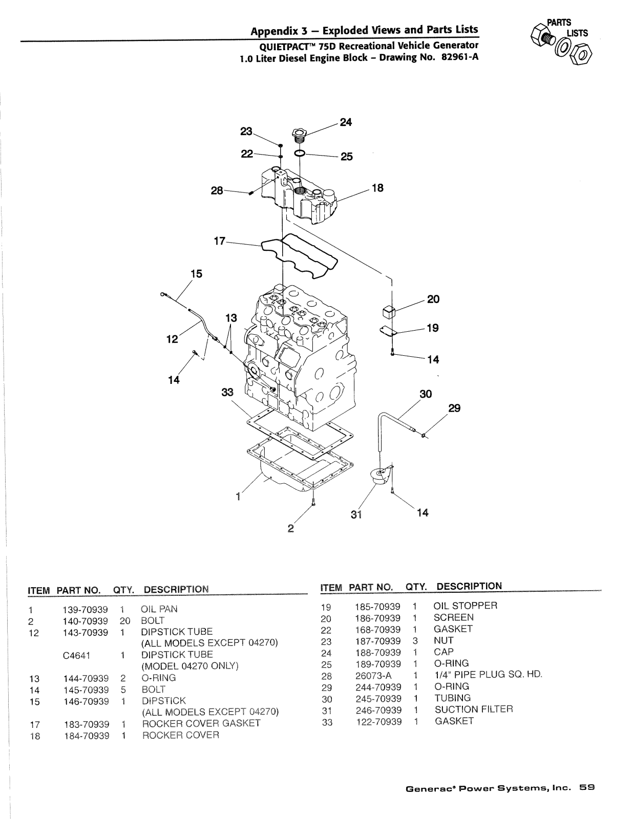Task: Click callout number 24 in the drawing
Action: [346, 122]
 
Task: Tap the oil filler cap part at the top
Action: [300, 135]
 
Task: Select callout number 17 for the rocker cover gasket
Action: [219, 241]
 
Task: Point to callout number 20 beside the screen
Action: [433, 299]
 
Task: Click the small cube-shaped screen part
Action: [388, 312]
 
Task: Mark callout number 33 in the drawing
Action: [227, 392]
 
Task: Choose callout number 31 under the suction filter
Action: [356, 514]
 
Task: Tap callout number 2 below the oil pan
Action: [290, 528]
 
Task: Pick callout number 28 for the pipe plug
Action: [217, 190]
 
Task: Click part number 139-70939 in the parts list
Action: [85, 610]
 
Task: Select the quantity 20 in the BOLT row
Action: [125, 621]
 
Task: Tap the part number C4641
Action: [76, 655]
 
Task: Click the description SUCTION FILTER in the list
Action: [474, 709]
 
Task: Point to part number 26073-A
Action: [373, 674]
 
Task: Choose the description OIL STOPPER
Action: [465, 606]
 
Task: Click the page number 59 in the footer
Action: [587, 787]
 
